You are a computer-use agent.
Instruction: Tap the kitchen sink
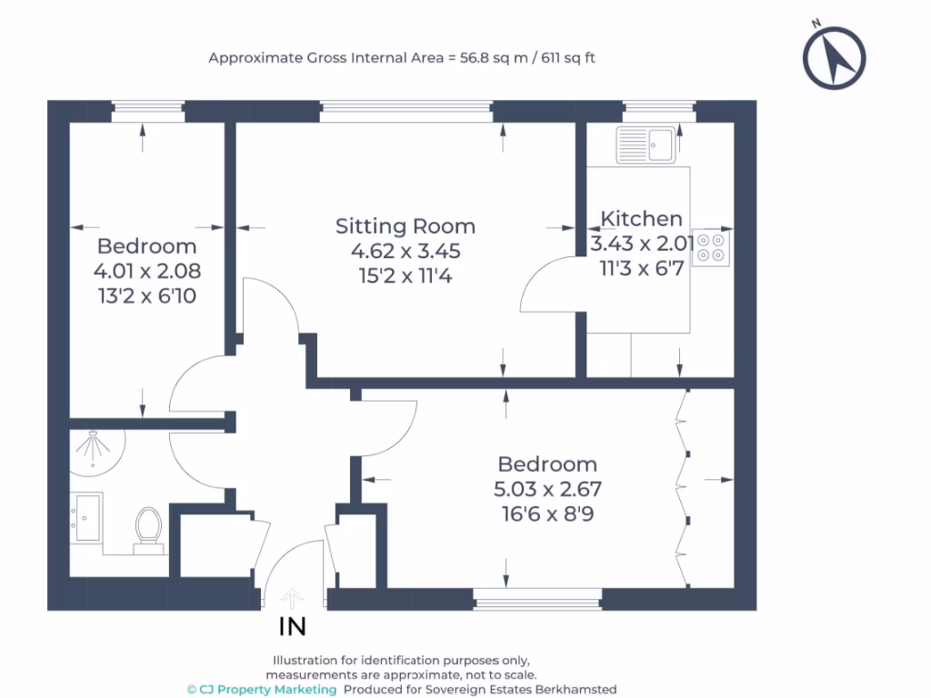click(645, 144)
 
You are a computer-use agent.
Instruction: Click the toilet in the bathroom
click(147, 528)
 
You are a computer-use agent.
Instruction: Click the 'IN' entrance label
click(292, 626)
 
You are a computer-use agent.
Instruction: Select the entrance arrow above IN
click(292, 598)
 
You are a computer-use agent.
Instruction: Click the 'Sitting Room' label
click(405, 226)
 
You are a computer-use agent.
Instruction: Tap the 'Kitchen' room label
click(642, 219)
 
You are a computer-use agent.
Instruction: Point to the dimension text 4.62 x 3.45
click(405, 251)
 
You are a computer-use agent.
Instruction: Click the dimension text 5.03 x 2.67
click(547, 489)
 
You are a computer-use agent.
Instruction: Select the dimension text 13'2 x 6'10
click(146, 294)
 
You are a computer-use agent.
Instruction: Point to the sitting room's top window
click(405, 111)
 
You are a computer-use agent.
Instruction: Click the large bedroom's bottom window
click(537, 598)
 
